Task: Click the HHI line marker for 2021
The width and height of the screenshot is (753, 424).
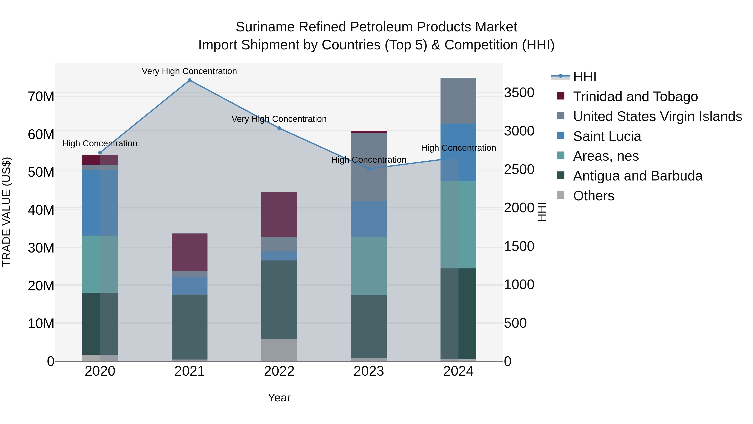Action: [190, 80]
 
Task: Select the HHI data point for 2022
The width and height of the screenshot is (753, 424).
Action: [279, 128]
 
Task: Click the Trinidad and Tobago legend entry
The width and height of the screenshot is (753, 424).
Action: [635, 97]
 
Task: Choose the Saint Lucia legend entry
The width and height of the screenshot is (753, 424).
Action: [607, 136]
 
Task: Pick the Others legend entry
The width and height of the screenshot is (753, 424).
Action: [593, 196]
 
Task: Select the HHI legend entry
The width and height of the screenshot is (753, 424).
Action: [584, 77]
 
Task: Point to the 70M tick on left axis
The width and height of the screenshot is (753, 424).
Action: [41, 97]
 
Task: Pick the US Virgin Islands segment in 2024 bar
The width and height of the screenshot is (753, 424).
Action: [458, 101]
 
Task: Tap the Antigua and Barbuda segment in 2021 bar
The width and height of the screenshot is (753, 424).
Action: [190, 327]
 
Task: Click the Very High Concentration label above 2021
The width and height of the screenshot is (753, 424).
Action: [190, 71]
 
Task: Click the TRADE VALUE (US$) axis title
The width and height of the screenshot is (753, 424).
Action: [7, 212]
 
